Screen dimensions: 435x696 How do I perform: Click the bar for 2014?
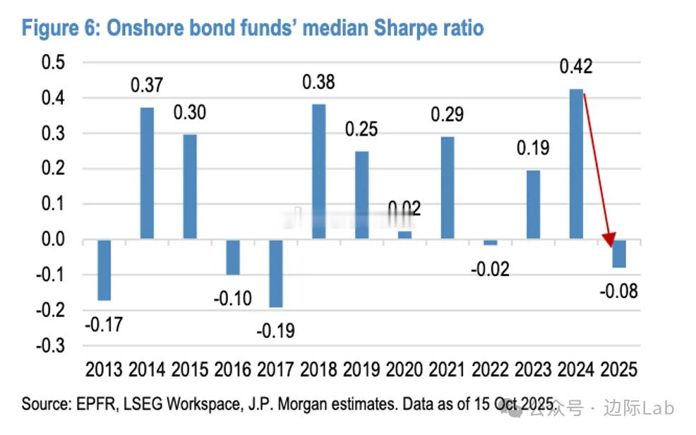(x=147, y=173)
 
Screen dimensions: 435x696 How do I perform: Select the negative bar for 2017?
(x=275, y=273)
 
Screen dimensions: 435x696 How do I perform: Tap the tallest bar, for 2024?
(x=575, y=164)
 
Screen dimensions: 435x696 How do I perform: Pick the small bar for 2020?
(x=404, y=235)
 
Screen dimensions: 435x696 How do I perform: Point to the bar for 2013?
(x=104, y=270)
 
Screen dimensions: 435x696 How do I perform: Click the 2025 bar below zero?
(x=618, y=254)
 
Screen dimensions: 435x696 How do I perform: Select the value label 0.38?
(x=318, y=82)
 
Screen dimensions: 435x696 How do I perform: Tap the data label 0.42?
(x=575, y=67)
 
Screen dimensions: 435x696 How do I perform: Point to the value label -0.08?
(x=618, y=290)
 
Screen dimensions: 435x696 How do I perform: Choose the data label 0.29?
(x=448, y=114)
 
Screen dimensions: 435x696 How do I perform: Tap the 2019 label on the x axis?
(x=361, y=370)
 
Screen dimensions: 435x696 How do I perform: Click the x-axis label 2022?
(x=490, y=370)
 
